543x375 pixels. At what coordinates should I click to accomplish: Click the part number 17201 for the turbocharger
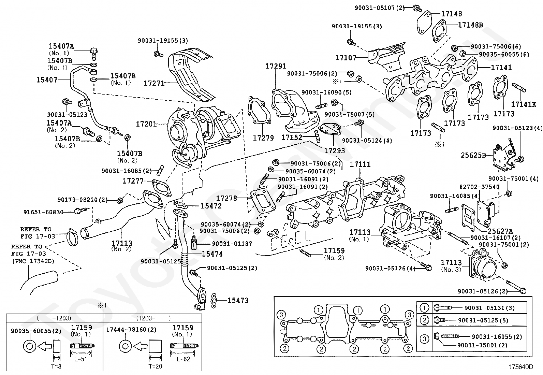(x=146, y=125)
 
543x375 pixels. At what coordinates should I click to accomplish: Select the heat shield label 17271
(x=154, y=83)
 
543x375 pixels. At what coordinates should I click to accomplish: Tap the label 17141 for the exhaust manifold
(x=501, y=68)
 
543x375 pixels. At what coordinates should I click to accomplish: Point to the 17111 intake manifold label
(x=360, y=164)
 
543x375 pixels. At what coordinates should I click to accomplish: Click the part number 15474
(x=212, y=254)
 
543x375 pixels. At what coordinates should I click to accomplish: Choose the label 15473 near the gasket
(x=238, y=300)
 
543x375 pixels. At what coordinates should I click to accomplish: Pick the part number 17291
(x=276, y=67)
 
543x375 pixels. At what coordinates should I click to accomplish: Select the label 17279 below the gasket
(x=263, y=138)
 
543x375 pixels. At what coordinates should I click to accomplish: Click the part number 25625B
(x=473, y=155)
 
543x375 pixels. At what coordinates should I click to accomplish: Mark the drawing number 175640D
(x=521, y=367)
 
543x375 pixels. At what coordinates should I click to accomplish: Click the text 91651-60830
(x=43, y=212)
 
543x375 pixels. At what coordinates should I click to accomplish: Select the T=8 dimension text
(x=56, y=367)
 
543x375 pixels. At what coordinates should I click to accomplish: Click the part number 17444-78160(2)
(x=131, y=330)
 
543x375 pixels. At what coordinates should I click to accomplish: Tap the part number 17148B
(x=470, y=25)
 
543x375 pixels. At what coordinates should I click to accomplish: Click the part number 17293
(x=334, y=150)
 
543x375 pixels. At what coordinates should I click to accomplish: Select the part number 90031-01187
(x=232, y=244)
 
